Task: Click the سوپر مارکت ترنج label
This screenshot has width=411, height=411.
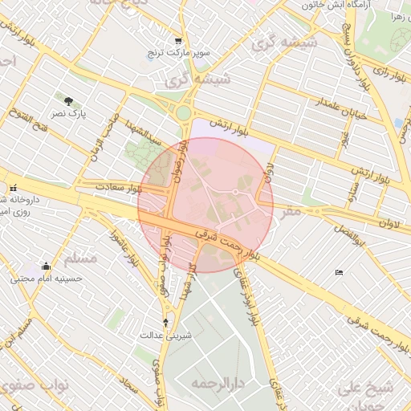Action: pyautogui.click(x=177, y=54)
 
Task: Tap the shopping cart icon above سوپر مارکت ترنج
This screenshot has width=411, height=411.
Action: pyautogui.click(x=177, y=41)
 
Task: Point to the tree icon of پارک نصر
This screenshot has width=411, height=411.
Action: pyautogui.click(x=68, y=101)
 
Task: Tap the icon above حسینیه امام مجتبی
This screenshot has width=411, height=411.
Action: pyautogui.click(x=47, y=267)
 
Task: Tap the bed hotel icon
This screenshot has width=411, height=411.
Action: pyautogui.click(x=339, y=273)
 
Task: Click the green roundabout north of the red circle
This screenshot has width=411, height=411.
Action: pyautogui.click(x=184, y=114)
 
